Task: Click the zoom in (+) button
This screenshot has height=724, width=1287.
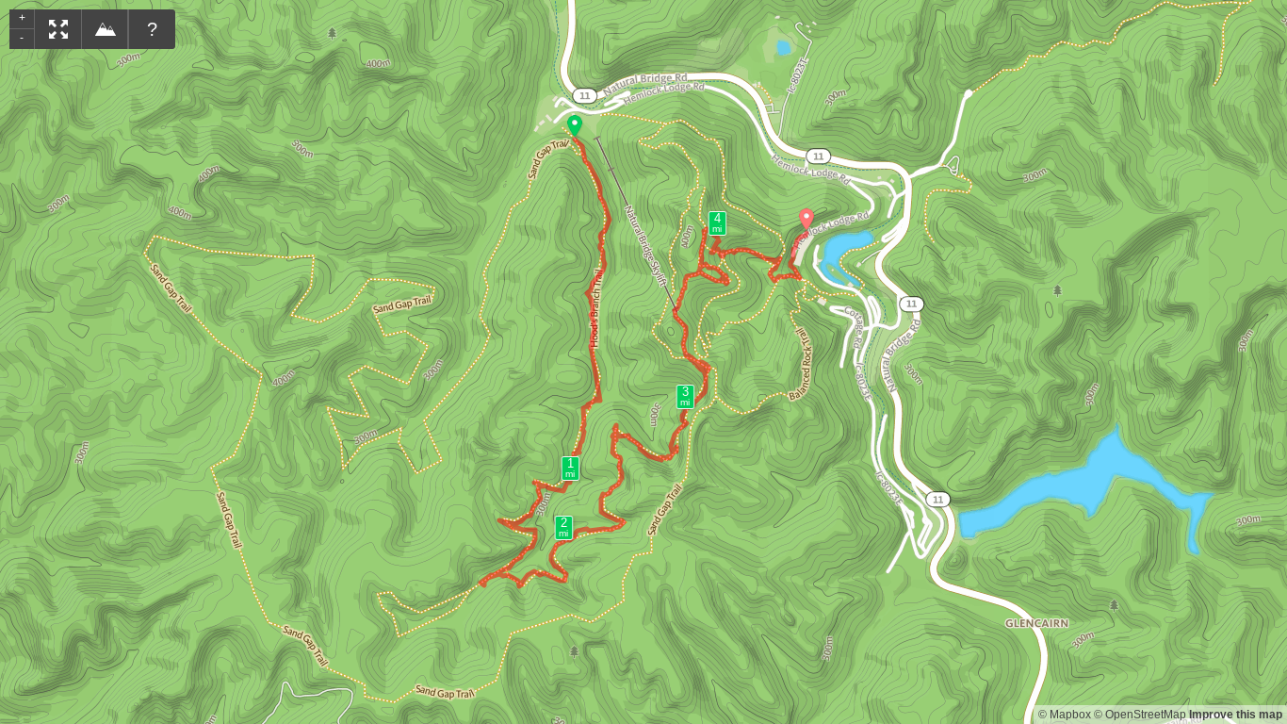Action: [x=22, y=18]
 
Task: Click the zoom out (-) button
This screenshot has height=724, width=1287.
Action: [x=22, y=38]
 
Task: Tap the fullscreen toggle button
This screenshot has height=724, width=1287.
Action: [x=58, y=29]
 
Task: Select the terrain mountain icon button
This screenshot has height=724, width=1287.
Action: [x=106, y=29]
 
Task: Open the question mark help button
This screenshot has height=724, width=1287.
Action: [x=152, y=29]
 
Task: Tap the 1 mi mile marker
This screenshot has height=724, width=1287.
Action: [x=570, y=469]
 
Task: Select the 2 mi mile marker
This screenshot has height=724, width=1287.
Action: [x=563, y=528]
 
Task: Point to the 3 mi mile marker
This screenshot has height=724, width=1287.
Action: [x=685, y=397]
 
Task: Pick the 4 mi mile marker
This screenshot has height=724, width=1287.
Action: [x=717, y=223]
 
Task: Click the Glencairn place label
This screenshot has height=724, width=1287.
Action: [x=1036, y=623]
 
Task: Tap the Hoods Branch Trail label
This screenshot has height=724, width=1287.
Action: [x=596, y=308]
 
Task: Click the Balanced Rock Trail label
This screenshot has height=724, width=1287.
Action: [x=801, y=364]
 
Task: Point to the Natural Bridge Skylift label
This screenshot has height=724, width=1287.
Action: [x=645, y=245]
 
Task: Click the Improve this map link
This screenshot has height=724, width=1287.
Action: [x=1235, y=715]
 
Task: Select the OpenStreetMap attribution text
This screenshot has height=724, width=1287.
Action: [x=1139, y=715]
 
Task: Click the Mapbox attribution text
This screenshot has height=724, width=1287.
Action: [x=1064, y=715]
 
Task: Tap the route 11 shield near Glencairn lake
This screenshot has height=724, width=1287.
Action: [x=937, y=500]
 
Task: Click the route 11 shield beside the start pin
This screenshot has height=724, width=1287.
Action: [x=585, y=95]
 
